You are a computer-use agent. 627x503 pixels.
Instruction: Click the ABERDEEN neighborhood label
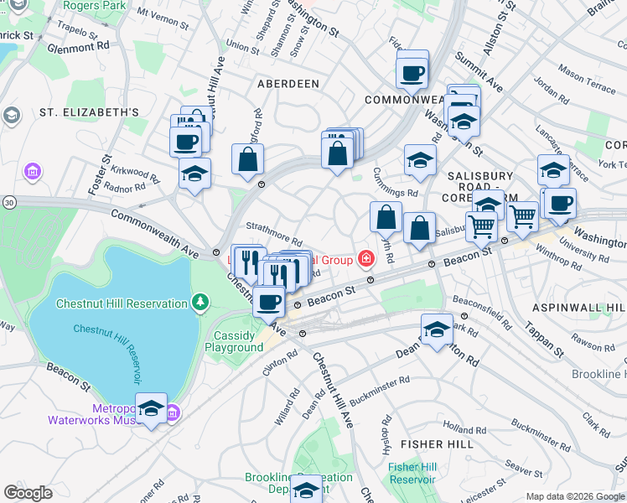click(x=288, y=84)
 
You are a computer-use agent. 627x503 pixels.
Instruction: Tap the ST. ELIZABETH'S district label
click(x=89, y=112)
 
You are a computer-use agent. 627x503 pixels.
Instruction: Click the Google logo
click(x=28, y=493)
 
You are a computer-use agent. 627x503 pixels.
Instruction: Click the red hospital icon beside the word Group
click(x=366, y=259)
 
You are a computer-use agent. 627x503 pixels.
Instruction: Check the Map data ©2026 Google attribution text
click(x=574, y=495)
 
